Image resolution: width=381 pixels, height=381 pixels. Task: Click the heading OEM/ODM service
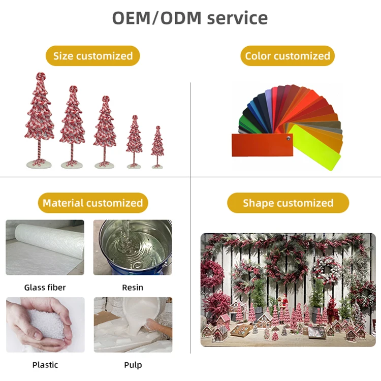click(x=190, y=18)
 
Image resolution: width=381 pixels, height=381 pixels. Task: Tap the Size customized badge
click(x=93, y=56)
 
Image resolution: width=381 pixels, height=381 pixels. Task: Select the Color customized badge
click(x=288, y=56)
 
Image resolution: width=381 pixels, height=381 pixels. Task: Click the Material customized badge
click(x=92, y=203)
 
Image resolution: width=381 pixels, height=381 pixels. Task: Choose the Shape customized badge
click(x=288, y=203)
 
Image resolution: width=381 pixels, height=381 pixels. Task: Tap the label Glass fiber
click(x=45, y=288)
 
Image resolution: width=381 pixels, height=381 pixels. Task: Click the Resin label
click(x=133, y=288)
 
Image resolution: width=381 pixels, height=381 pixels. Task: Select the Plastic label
click(x=45, y=365)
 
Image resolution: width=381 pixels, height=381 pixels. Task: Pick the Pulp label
click(x=133, y=365)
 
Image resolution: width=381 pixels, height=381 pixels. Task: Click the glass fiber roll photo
click(x=45, y=247)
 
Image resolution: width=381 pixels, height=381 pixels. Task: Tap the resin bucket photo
click(x=133, y=247)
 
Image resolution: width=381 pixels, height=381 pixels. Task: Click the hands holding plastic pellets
click(x=45, y=325)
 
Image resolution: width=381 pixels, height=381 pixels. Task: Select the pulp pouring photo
click(x=133, y=325)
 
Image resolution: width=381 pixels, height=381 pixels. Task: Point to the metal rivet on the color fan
click(x=288, y=138)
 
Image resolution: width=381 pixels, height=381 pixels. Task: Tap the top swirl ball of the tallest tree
click(x=40, y=76)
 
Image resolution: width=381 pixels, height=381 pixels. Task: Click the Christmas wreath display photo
click(x=288, y=290)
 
